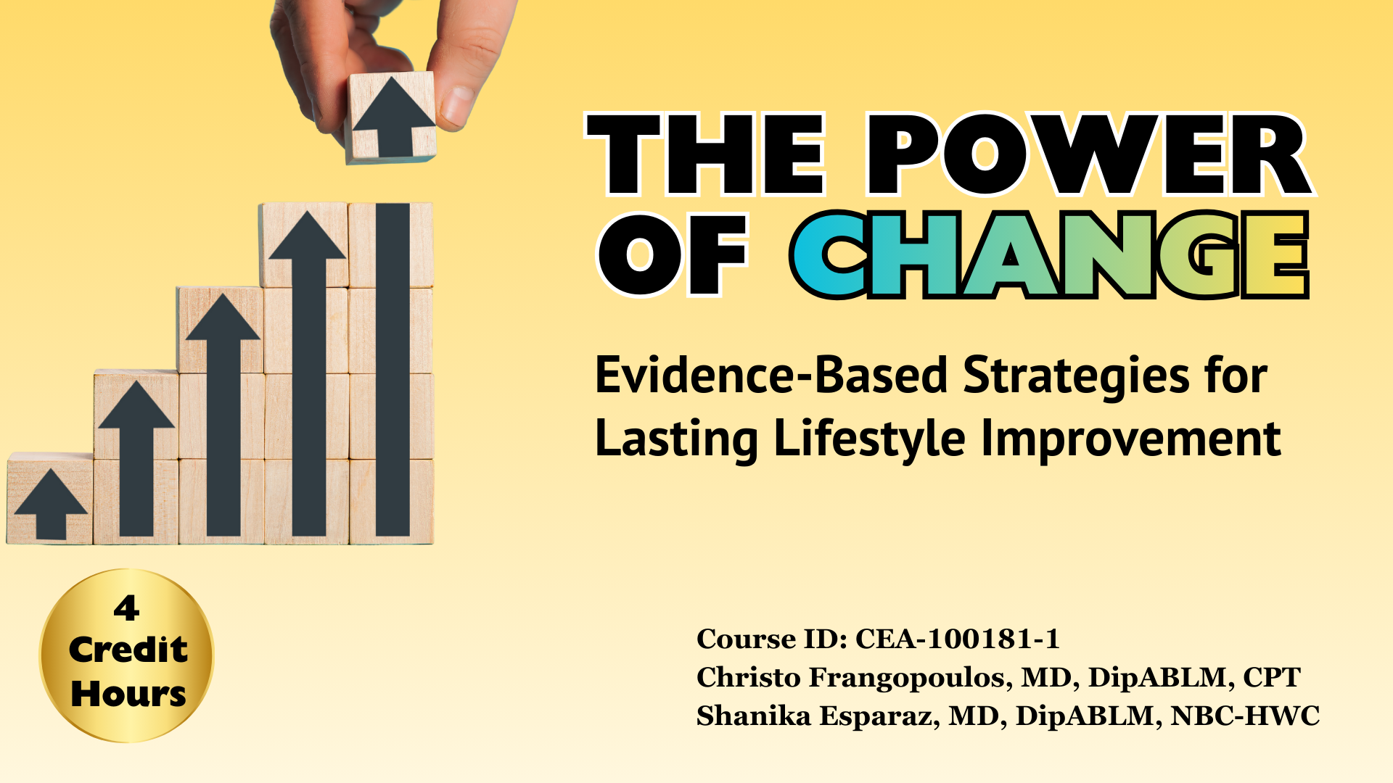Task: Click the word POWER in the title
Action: tap(1088, 156)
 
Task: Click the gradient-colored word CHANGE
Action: tap(1049, 255)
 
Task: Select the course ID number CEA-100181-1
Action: tap(957, 639)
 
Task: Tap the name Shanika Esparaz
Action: tap(813, 716)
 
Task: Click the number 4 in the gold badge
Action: tap(126, 608)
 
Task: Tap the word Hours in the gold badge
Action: tap(128, 694)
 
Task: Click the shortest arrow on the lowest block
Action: tap(51, 503)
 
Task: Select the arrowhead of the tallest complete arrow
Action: tap(308, 236)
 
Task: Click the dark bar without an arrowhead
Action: tap(393, 370)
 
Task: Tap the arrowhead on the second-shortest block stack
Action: tap(136, 406)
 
